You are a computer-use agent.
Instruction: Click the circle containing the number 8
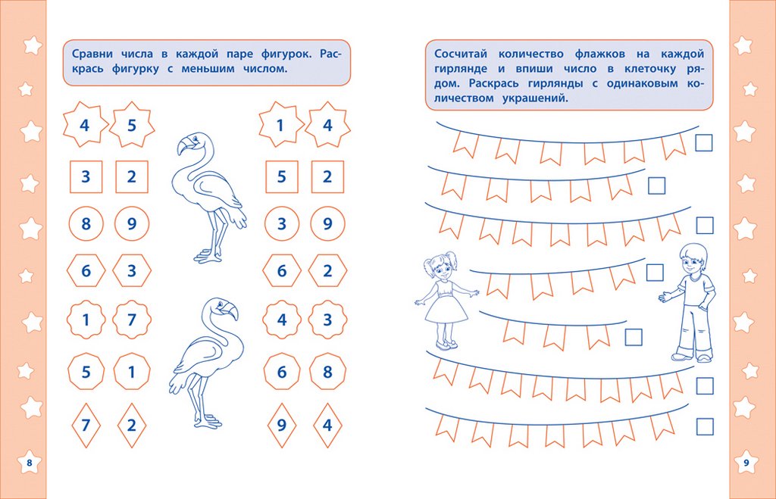[x=86, y=223]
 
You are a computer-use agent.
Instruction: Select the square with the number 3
[x=86, y=176]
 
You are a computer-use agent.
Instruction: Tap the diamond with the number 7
[x=86, y=426]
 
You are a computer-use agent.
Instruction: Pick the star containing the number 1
[x=280, y=125]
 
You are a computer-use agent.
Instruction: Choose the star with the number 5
[x=132, y=125]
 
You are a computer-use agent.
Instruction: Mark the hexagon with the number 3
[x=132, y=270]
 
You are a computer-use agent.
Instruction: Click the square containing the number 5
[x=282, y=176]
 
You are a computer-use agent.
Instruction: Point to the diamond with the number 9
[x=282, y=426]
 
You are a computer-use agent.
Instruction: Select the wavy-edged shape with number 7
[x=132, y=320]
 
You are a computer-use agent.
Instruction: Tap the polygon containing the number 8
[x=327, y=371]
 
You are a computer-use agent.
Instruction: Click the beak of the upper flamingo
[x=184, y=147]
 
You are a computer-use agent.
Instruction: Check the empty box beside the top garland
[x=704, y=143]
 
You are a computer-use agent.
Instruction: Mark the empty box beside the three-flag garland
[x=634, y=337]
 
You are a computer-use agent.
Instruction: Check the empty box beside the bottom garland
[x=704, y=426]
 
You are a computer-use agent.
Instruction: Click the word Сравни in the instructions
[x=92, y=54]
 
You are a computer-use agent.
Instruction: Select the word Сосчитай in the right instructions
[x=461, y=54]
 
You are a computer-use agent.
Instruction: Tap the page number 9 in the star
[x=746, y=463]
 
